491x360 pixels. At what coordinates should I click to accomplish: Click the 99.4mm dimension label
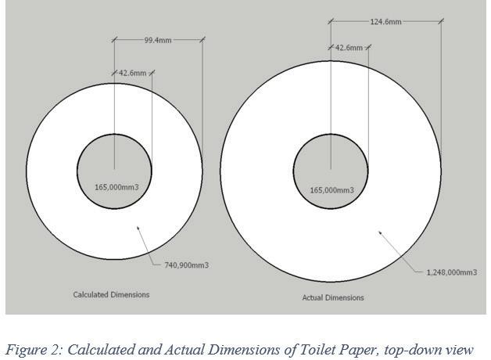click(x=158, y=39)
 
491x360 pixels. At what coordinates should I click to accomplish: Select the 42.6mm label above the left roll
click(x=132, y=73)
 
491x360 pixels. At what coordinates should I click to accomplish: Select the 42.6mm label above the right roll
click(x=349, y=48)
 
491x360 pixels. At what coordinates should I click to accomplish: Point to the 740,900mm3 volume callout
click(x=186, y=265)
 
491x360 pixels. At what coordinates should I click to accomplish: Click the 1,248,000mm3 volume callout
click(x=451, y=272)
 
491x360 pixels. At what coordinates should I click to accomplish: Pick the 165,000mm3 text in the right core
click(x=332, y=190)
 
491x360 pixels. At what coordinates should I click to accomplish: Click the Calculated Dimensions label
click(x=111, y=295)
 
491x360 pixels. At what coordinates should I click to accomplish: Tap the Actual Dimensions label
click(x=332, y=297)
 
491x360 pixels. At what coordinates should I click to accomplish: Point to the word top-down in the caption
click(x=428, y=349)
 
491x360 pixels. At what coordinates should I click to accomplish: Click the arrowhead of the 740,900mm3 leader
click(x=138, y=227)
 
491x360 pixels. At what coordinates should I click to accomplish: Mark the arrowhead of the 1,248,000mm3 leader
click(x=380, y=232)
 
